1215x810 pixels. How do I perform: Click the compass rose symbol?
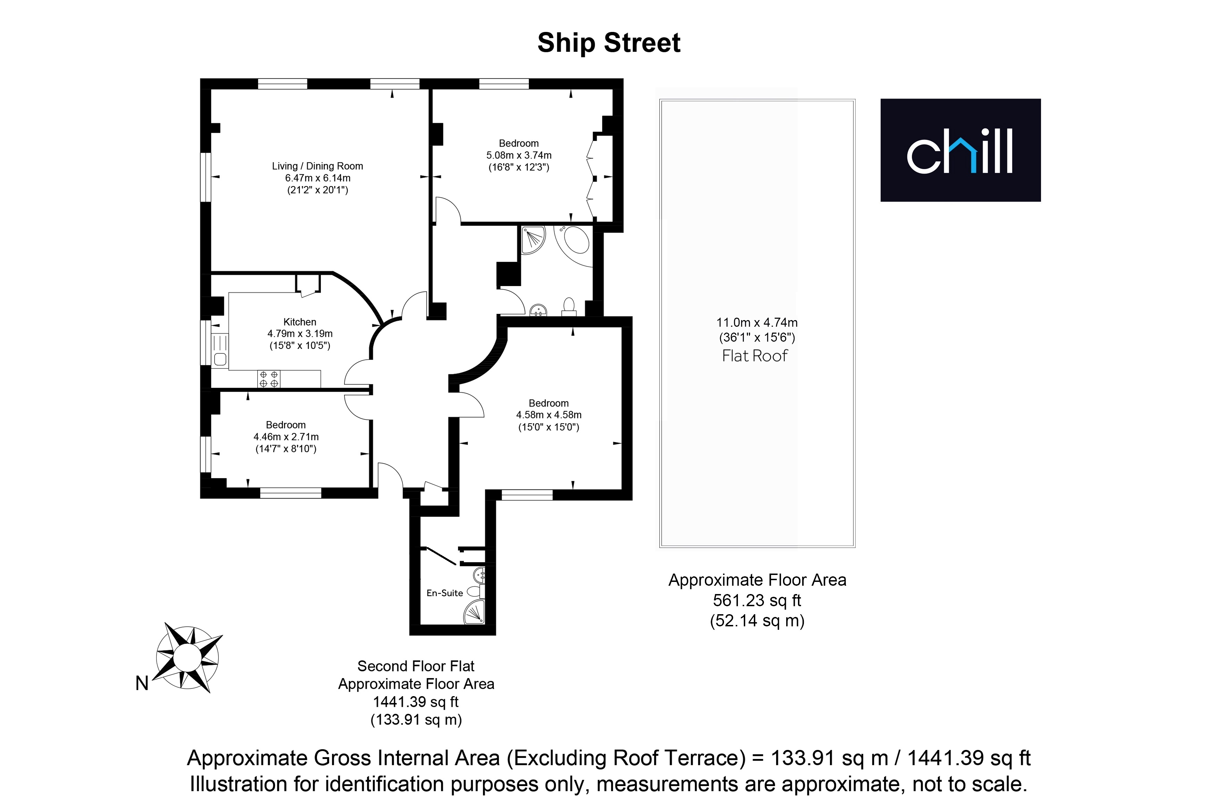tap(188, 657)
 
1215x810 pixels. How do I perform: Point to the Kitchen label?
tap(300, 322)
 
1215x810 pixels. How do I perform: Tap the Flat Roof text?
tap(755, 356)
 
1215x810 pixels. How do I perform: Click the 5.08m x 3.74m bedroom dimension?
tap(519, 155)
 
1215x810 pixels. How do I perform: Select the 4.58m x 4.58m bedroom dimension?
tap(549, 415)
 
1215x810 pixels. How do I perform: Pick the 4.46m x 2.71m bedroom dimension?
tap(286, 436)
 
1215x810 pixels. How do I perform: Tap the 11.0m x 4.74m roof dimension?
tap(757, 322)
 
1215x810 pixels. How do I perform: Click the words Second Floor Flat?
tap(416, 666)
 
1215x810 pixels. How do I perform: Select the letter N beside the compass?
tap(142, 683)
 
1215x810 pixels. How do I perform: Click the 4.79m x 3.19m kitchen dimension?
tap(300, 334)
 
